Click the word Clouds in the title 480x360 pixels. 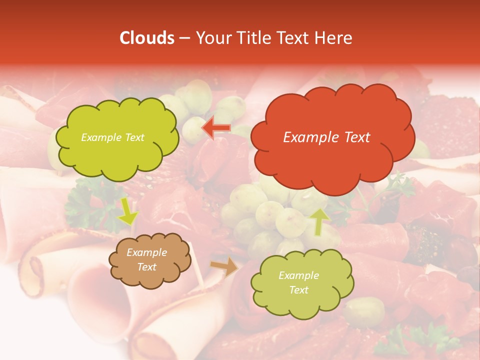[x=146, y=38]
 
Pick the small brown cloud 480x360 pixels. [x=149, y=260]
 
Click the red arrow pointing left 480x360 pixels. [x=216, y=128]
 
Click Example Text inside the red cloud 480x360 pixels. [x=326, y=137]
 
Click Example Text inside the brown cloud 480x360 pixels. [x=146, y=259]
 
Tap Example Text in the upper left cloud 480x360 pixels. [x=112, y=137]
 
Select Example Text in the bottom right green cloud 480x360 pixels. [x=298, y=282]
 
